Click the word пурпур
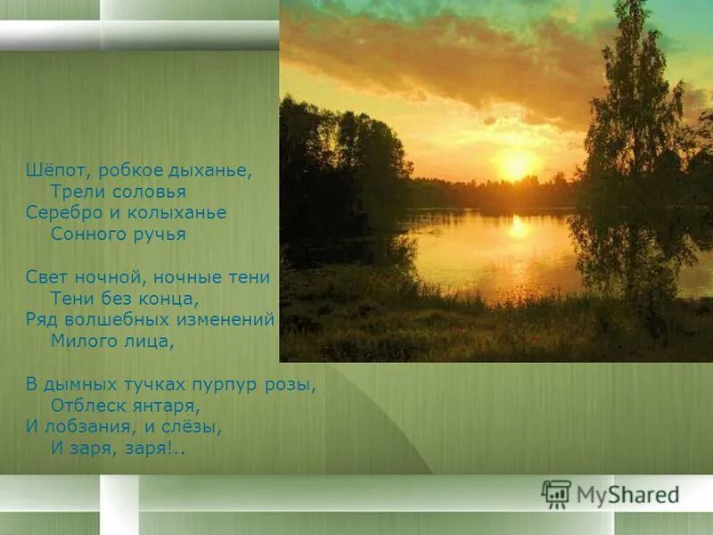[x=229, y=384]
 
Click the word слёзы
[x=193, y=426]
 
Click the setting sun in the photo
[x=515, y=165]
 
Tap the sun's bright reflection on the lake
[x=519, y=228]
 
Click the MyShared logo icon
[x=556, y=493]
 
